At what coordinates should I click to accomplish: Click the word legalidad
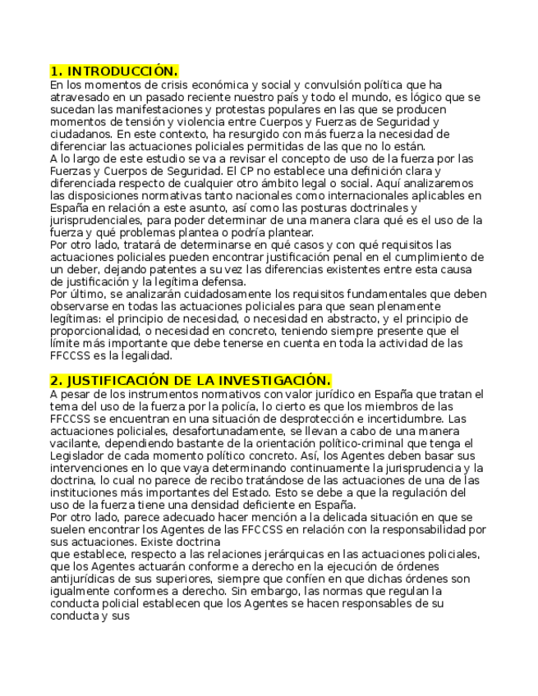coord(145,355)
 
